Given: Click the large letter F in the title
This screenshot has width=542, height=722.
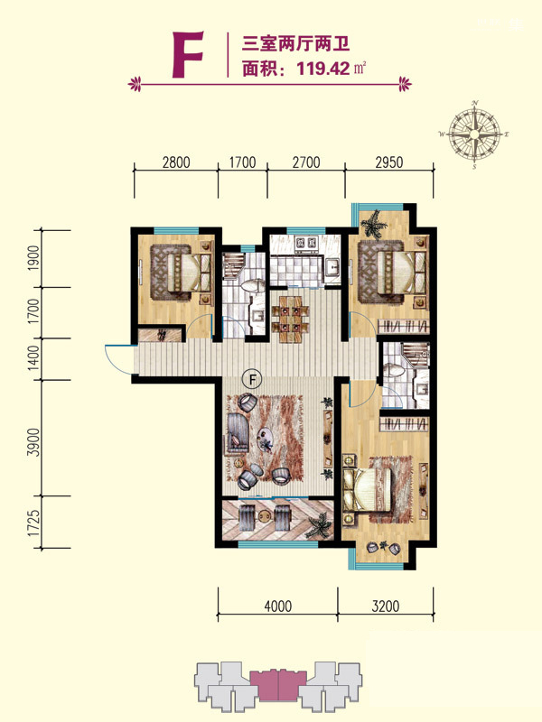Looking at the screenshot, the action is click(x=188, y=54).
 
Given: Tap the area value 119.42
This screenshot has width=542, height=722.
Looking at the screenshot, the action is click(x=323, y=69).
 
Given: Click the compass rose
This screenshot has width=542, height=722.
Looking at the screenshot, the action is click(x=474, y=134).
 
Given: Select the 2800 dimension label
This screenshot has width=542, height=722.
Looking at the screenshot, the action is click(x=176, y=162).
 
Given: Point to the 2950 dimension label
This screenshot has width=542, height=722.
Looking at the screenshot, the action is click(x=389, y=162).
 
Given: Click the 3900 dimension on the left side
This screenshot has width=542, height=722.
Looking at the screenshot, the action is click(x=33, y=442).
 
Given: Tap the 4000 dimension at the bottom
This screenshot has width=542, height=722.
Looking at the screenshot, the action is click(x=278, y=606).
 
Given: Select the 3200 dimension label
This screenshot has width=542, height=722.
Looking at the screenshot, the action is click(x=386, y=606).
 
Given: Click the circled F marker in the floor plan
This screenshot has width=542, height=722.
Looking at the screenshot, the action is click(x=252, y=380).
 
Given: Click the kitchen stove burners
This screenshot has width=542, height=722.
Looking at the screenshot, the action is click(x=306, y=243).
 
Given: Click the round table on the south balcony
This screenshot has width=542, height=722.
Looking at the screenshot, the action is click(x=264, y=515).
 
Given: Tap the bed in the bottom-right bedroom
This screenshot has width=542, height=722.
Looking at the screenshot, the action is click(x=368, y=490).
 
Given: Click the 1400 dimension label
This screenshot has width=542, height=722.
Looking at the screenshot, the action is click(x=33, y=359).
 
